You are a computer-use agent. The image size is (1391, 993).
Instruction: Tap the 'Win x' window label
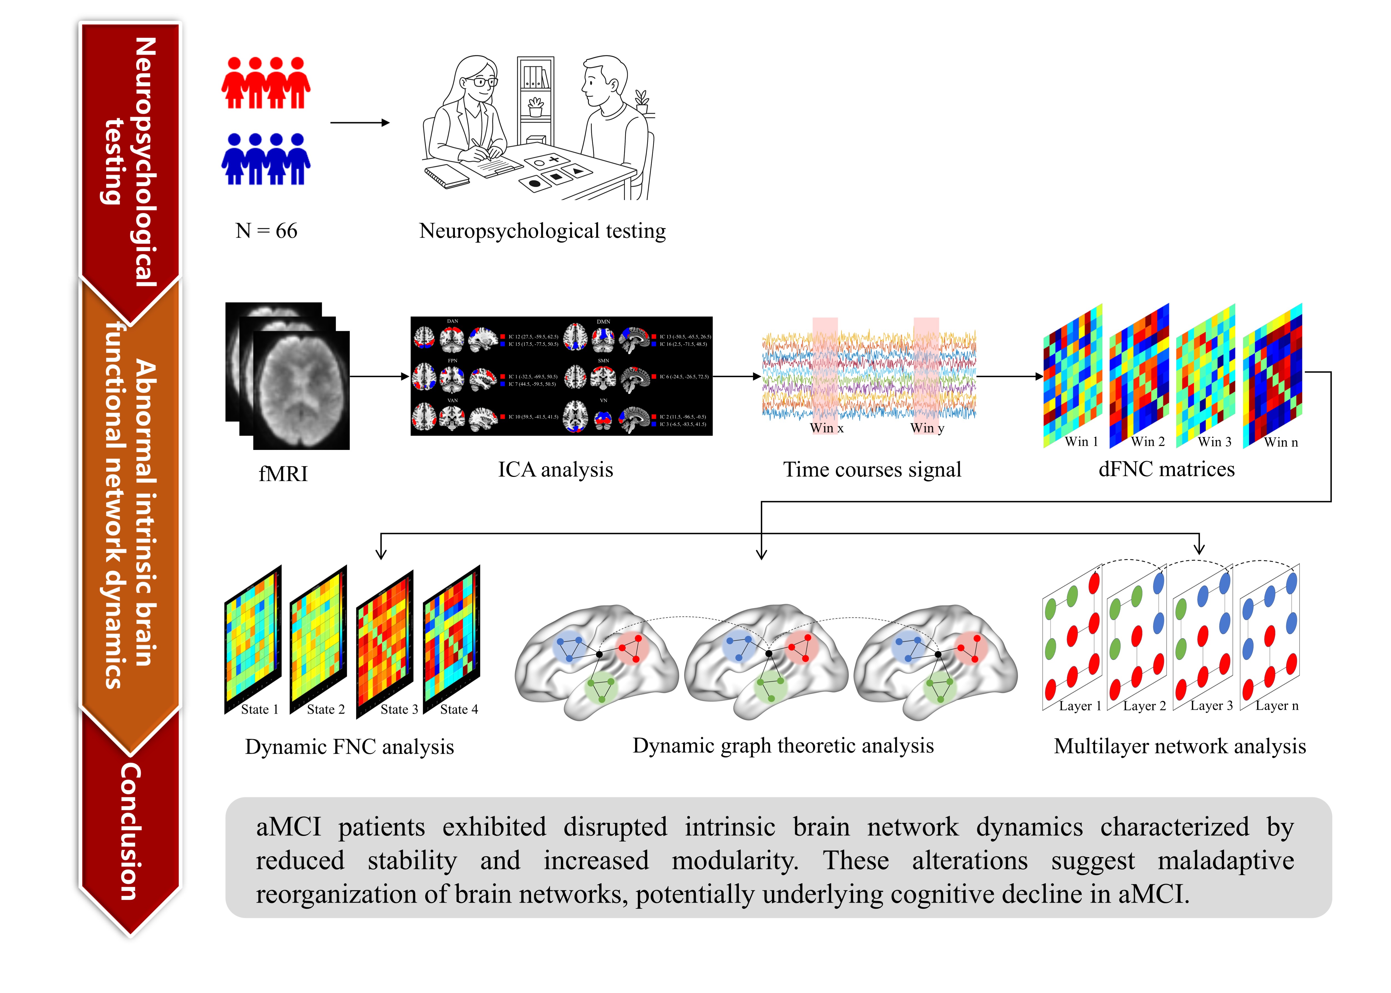pos(827,428)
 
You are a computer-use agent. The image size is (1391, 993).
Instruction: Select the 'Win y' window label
pos(927,428)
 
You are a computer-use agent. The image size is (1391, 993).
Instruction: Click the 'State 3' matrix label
pos(399,709)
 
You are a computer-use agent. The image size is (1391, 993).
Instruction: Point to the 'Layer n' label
pos(1277,706)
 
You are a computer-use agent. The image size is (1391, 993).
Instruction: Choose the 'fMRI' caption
pos(283,474)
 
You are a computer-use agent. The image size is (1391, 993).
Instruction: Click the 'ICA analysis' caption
pos(555,470)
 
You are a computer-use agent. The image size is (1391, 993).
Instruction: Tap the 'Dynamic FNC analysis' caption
pos(349,747)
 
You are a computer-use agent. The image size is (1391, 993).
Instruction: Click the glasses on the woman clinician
pos(484,81)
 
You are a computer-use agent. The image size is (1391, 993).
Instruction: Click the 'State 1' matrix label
pos(259,709)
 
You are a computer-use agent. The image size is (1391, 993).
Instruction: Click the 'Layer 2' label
pos(1144,706)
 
